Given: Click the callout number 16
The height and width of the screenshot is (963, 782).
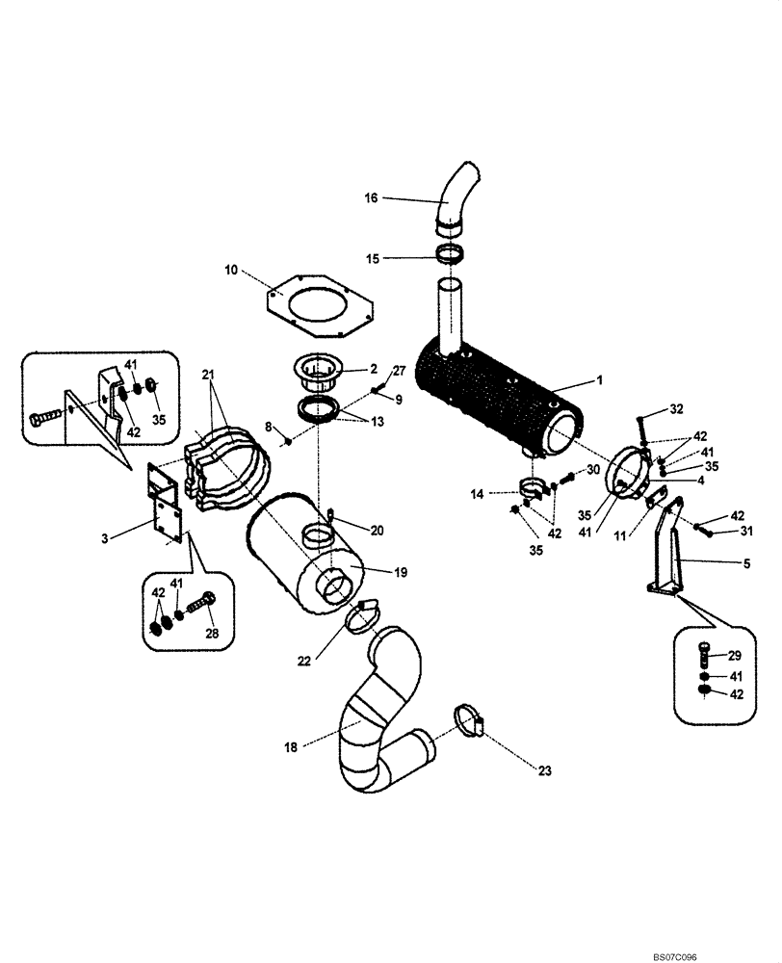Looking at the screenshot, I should [x=371, y=198].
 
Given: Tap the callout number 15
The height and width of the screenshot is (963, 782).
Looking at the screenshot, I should [x=371, y=258].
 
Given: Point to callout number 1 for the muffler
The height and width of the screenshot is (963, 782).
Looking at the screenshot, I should [x=598, y=380].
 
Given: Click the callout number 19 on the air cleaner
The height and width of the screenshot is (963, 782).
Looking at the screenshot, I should [x=400, y=572].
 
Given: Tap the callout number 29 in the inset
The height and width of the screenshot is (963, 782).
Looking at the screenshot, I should [x=735, y=655].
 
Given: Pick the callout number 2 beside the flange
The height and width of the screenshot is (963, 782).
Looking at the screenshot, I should [x=372, y=369].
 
